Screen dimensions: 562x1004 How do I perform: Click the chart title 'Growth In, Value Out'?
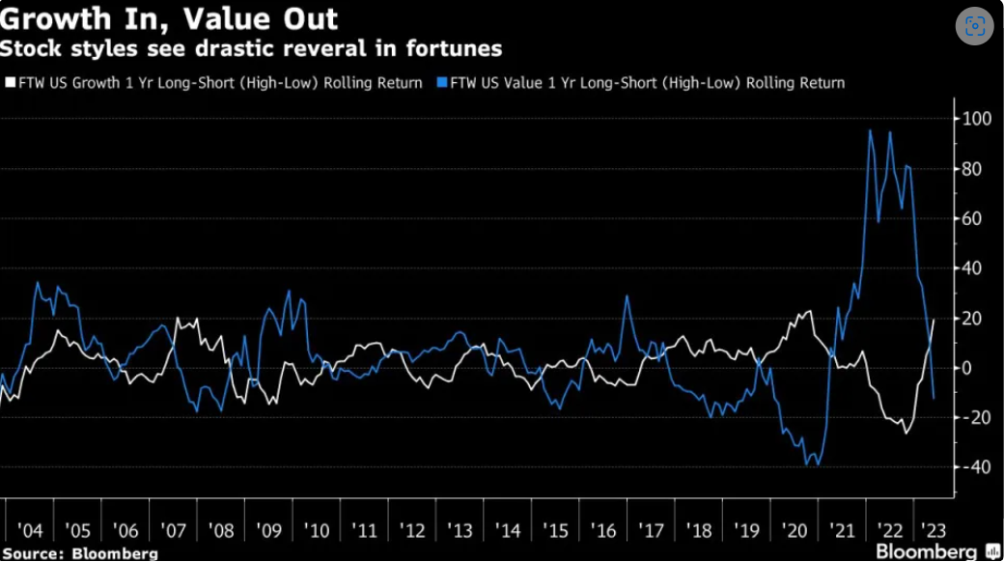[169, 19]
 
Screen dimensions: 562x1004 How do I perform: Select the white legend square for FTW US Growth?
[10, 83]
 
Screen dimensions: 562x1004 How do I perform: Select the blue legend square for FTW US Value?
[442, 83]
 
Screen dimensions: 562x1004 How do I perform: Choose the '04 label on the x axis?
[30, 532]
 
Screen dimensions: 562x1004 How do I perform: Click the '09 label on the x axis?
[268, 532]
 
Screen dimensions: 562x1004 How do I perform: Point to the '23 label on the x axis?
[934, 532]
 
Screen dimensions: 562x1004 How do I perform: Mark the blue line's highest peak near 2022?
[871, 130]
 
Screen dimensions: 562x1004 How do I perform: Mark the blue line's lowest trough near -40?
[807, 465]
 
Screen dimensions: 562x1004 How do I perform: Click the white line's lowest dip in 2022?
[906, 432]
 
